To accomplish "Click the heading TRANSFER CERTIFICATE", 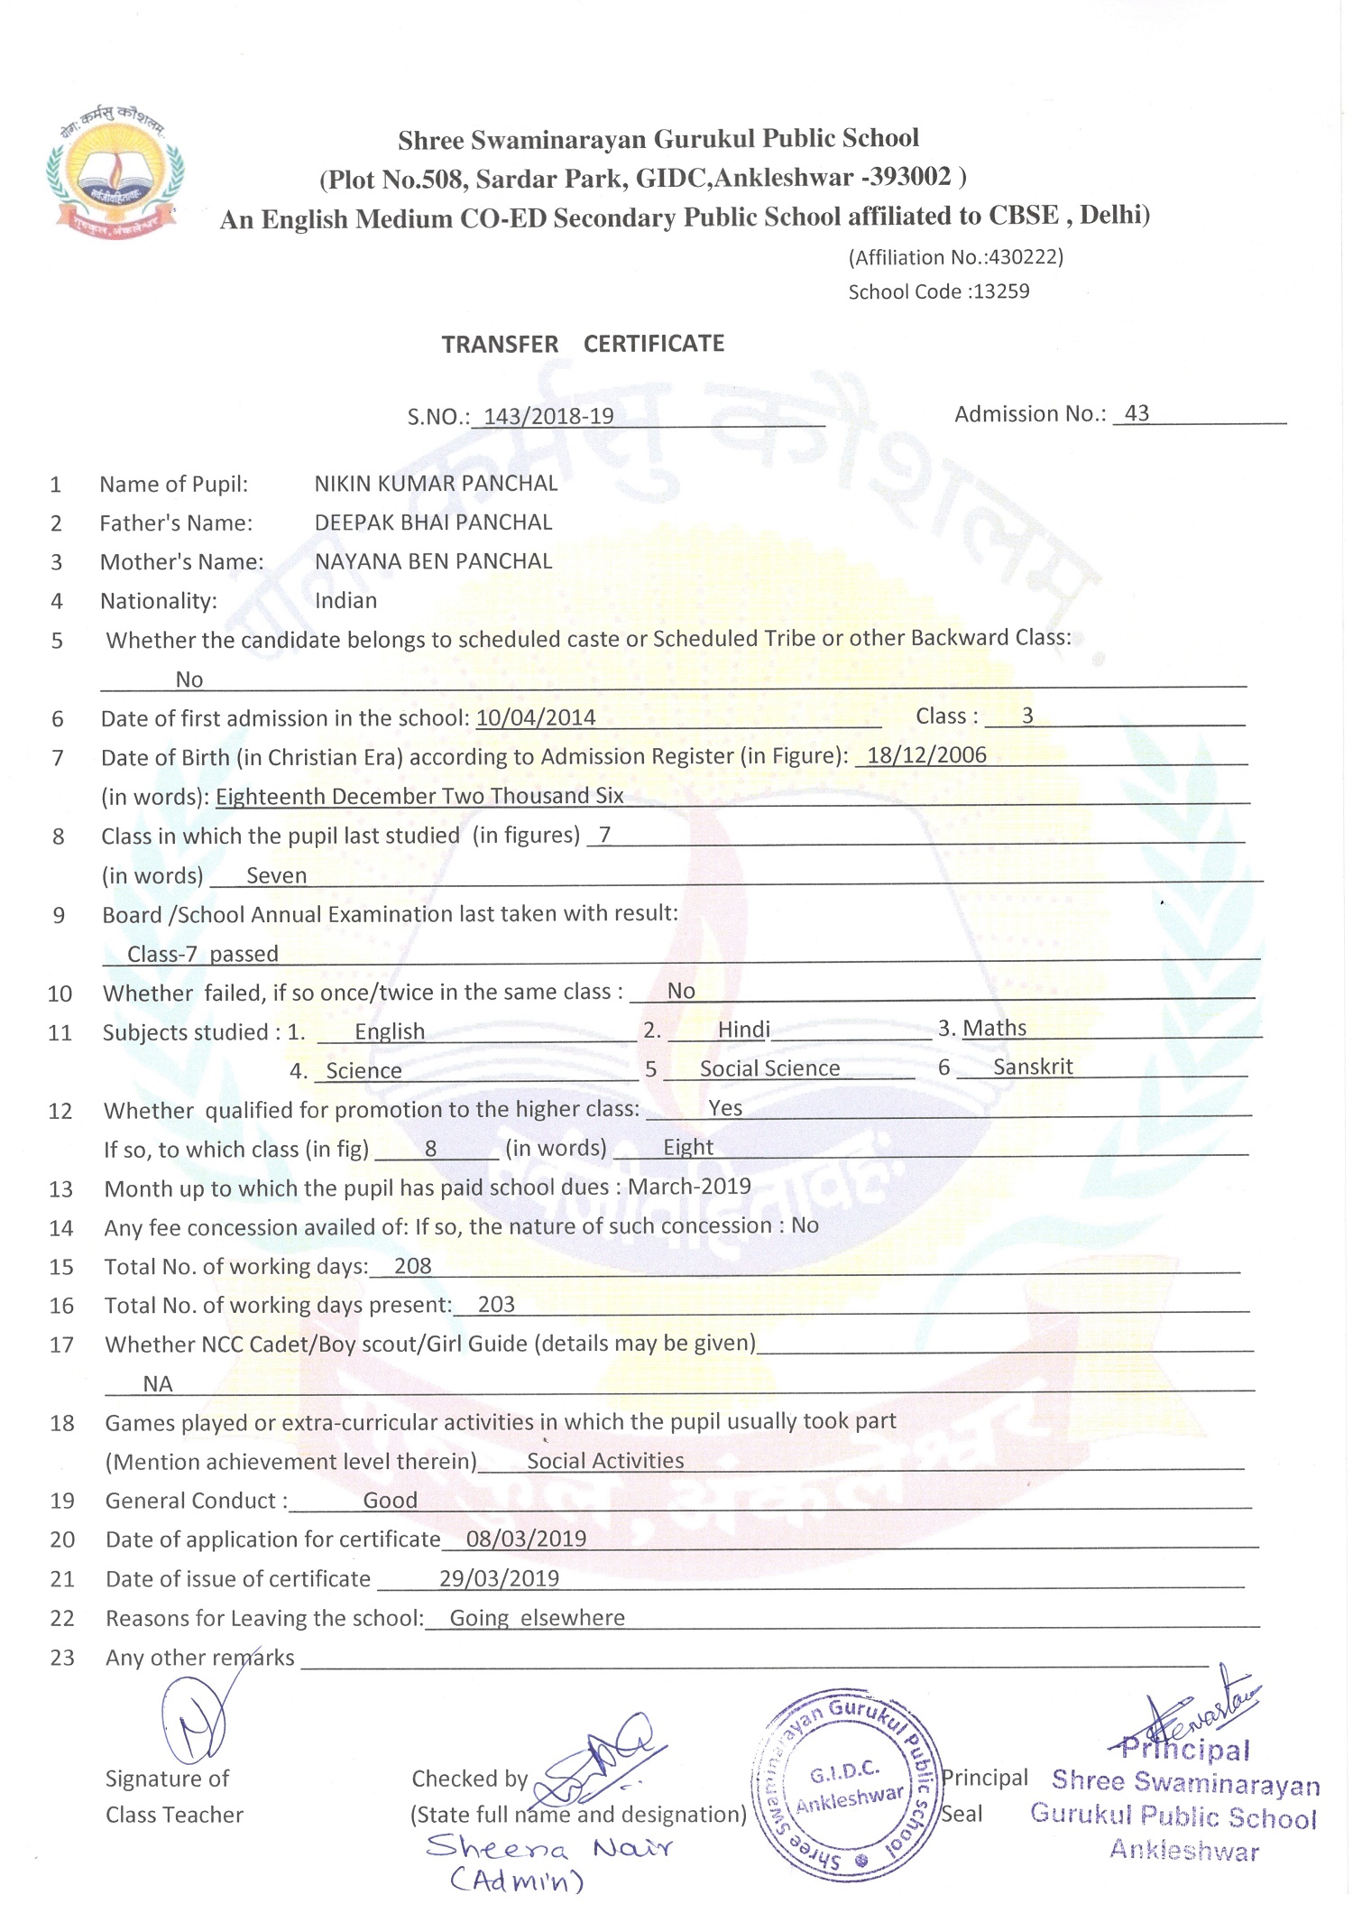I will click(583, 344).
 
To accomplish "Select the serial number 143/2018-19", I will click(548, 416).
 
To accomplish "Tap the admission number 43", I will click(1137, 413).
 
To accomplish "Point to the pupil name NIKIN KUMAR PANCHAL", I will click(436, 484).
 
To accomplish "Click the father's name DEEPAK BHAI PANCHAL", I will click(433, 522).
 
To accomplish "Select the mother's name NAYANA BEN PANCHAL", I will click(433, 561).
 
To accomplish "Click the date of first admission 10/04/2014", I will click(536, 717).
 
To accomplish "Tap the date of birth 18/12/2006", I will click(926, 755).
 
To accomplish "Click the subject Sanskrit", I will click(1033, 1067).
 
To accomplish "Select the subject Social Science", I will click(769, 1068).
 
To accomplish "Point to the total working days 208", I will click(413, 1266).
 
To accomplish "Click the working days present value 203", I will click(496, 1305).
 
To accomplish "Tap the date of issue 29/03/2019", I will click(499, 1578).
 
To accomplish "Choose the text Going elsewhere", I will click(537, 1618).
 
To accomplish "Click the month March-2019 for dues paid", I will click(689, 1187).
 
